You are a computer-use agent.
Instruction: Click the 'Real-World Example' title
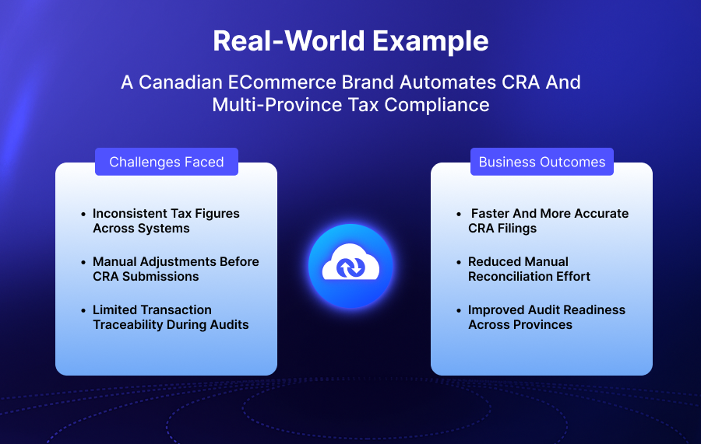click(350, 41)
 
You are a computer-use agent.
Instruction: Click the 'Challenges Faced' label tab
click(167, 163)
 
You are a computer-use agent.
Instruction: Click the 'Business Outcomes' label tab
click(542, 163)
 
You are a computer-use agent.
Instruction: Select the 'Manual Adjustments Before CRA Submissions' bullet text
click(175, 269)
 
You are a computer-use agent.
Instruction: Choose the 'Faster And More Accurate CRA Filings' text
click(548, 221)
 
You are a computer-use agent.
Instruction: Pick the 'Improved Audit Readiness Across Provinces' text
click(546, 317)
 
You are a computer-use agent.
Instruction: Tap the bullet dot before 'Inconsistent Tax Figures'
click(83, 214)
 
